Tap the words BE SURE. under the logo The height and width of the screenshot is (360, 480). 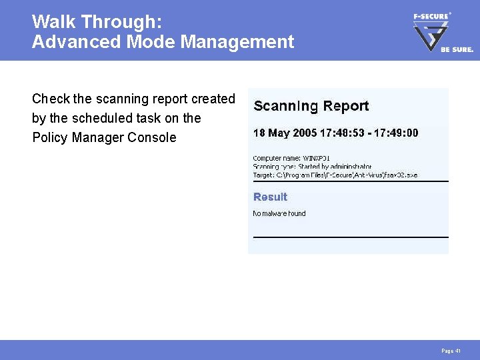coord(457,49)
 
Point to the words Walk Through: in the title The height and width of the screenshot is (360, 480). coord(97,22)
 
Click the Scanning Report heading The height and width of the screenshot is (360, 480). coord(311,106)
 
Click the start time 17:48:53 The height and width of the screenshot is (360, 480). coord(342,133)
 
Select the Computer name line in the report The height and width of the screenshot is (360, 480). coord(291,158)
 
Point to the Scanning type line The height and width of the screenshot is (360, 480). coord(312,166)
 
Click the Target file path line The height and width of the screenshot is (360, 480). coord(335,175)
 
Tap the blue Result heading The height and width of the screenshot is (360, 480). coord(270,197)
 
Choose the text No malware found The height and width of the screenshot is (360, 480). coord(279,213)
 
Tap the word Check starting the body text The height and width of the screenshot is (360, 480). coord(51,99)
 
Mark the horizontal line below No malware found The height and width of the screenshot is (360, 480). coord(351,237)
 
